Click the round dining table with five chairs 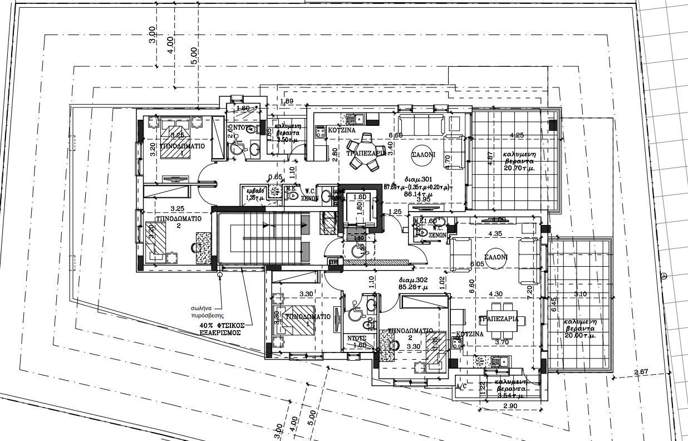pos(365,153)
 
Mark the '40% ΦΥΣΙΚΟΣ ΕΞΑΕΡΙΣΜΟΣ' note pos(220,329)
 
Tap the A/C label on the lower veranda pos(461,386)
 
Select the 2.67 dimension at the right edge pos(641,372)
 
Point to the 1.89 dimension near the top pos(287,101)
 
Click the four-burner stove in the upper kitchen pos(321,132)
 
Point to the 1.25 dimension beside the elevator pos(395,212)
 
